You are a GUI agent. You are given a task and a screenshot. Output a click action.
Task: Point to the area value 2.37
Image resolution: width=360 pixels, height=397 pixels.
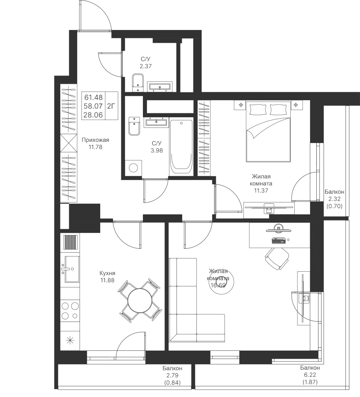click(146, 67)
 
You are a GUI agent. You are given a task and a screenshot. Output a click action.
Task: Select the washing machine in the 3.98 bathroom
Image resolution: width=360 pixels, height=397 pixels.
click(133, 168)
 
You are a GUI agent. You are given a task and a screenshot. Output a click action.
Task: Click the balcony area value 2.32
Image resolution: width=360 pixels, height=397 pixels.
click(334, 199)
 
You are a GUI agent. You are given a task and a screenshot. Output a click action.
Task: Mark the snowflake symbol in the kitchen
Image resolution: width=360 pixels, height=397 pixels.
click(69, 340)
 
